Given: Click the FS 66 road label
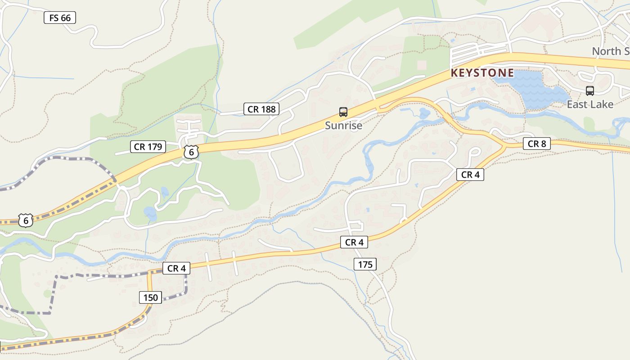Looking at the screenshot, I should pos(60,18).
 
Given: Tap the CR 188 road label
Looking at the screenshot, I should pos(261,108).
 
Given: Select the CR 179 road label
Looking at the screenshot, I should pos(148,146).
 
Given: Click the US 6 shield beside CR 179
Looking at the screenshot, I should pos(191,152).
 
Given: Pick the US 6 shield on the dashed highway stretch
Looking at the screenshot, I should pos(26,220).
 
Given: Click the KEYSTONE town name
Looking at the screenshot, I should pos(482,73).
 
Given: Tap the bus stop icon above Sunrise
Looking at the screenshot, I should pos(343,112).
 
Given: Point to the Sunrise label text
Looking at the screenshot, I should pos(343,126).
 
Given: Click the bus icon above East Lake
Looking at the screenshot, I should pos(589,91).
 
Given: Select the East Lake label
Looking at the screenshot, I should pos(589,104).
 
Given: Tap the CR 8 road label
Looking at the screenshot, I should pos(536,144).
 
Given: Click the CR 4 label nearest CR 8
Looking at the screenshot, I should pos(470,175).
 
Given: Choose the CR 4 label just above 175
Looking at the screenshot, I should pos(354,243).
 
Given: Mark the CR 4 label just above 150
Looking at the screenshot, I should pos(176,268).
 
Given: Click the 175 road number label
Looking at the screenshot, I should pos(365,264).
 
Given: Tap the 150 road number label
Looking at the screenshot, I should pos(151,297).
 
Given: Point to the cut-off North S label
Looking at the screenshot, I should pos(610,51).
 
